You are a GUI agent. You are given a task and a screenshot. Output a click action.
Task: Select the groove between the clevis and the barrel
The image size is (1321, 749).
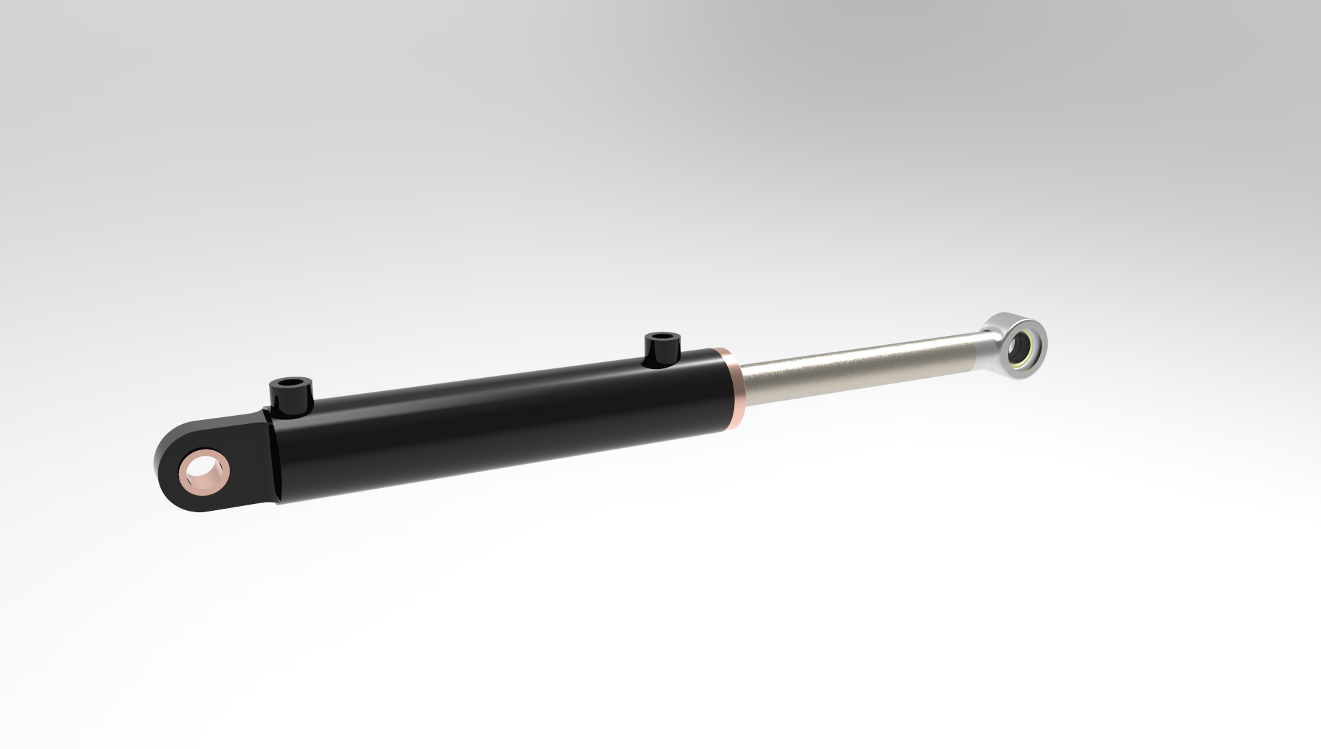(274, 461)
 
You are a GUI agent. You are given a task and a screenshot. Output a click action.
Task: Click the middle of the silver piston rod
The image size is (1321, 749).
(860, 368)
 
